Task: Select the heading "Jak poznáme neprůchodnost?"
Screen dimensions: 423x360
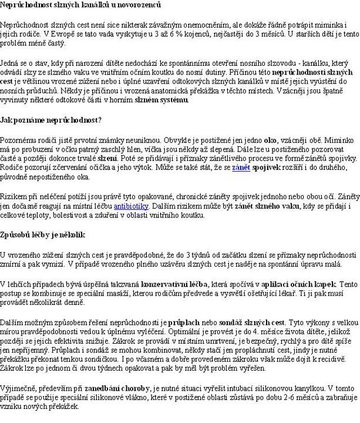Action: [x=51, y=120]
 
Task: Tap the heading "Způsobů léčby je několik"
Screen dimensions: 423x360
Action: [x=42, y=234]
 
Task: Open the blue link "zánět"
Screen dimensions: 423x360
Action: [x=241, y=168]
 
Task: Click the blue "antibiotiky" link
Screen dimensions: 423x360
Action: [x=132, y=206]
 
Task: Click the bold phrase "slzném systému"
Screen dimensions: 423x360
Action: [x=162, y=100]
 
